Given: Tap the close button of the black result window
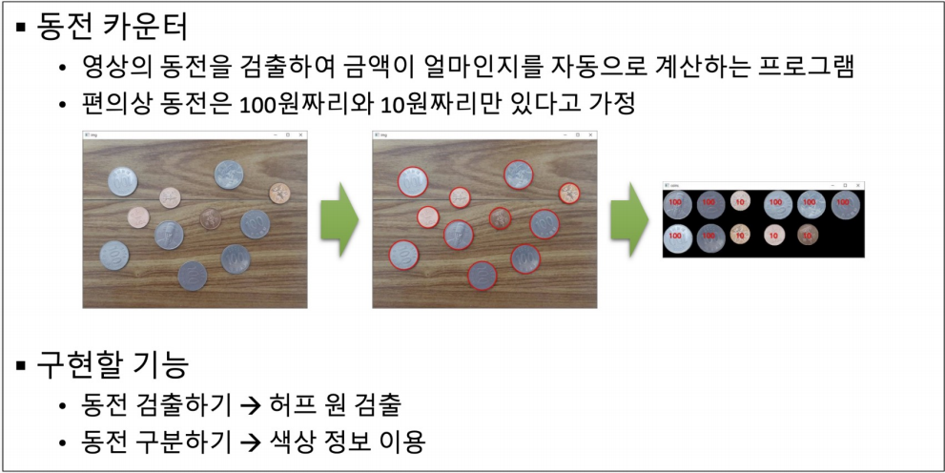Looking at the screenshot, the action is [x=858, y=184].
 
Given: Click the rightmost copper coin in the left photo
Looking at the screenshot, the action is [x=279, y=194].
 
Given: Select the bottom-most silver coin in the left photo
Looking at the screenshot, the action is [x=192, y=276].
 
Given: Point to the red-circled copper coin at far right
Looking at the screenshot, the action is [x=569, y=194].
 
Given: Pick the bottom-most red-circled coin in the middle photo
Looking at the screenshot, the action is [x=482, y=276].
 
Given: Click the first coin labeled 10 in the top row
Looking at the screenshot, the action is [x=740, y=203].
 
